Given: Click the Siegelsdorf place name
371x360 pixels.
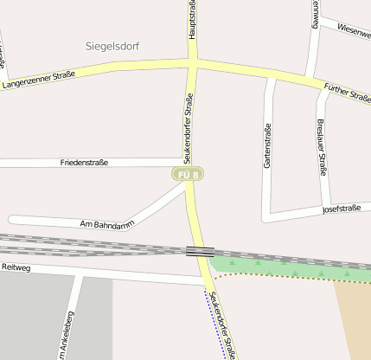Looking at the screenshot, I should coord(113,45).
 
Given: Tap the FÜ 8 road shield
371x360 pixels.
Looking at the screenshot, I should coord(188,175).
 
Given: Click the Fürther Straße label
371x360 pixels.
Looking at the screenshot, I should coord(347,92).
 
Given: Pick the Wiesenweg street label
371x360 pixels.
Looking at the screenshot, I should coord(354,30).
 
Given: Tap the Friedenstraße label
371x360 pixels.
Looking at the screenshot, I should coord(84,163).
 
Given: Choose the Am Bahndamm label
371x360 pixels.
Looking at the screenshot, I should coord(107,223).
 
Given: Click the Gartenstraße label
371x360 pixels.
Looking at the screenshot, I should coord(267,145).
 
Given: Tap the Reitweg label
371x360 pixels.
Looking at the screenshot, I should coord(16,268).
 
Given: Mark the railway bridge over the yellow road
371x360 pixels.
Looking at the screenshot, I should coord(200,251).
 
